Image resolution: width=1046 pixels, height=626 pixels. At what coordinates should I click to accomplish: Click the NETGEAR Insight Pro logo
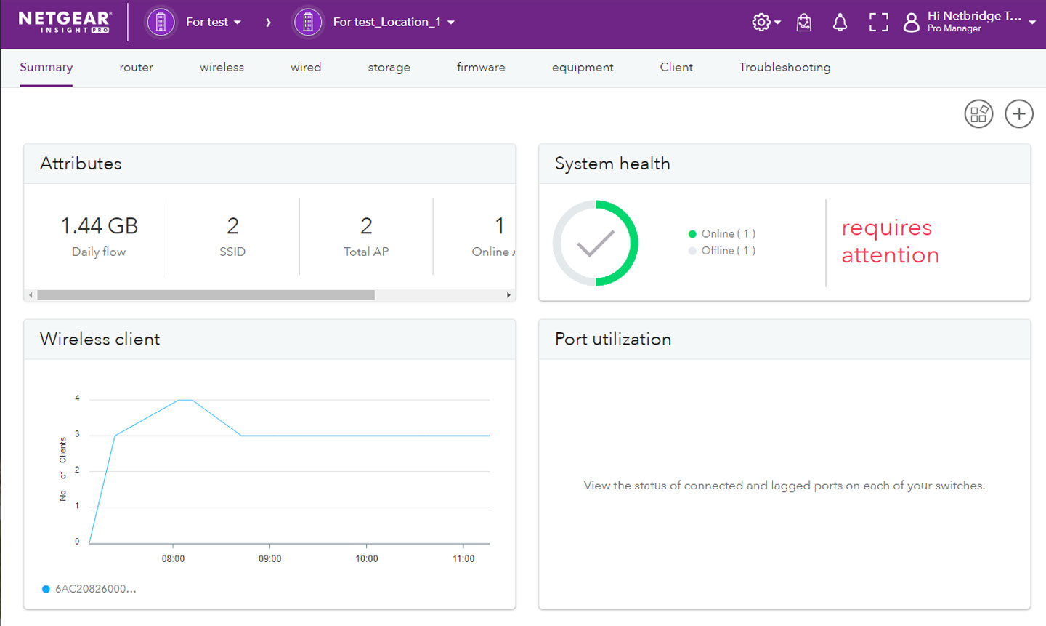click(x=65, y=22)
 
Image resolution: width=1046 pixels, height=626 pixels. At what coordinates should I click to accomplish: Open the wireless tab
click(x=222, y=67)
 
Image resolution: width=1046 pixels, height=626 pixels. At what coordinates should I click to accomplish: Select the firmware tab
click(x=481, y=67)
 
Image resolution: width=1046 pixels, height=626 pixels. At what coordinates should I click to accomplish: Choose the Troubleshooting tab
click(x=784, y=67)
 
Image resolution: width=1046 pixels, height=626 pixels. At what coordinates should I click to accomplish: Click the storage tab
click(x=389, y=67)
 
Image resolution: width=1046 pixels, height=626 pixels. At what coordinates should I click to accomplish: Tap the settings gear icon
click(x=761, y=23)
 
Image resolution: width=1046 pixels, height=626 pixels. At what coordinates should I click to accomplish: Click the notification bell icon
click(x=840, y=23)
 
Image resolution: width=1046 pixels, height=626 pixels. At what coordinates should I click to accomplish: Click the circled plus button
click(x=1018, y=114)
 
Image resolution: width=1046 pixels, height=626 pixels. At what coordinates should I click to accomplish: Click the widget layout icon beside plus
click(x=978, y=114)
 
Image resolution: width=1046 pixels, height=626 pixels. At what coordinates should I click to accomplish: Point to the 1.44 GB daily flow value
click(x=100, y=226)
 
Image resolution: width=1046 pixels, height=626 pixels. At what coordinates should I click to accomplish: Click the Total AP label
click(x=366, y=252)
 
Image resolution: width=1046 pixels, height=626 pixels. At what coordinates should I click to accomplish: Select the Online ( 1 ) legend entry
click(x=722, y=234)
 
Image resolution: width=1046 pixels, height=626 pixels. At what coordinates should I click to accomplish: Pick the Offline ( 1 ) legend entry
click(x=722, y=251)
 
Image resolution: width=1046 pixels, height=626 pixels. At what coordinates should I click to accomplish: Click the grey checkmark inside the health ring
click(x=596, y=244)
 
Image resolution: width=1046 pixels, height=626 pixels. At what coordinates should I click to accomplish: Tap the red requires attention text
click(x=890, y=241)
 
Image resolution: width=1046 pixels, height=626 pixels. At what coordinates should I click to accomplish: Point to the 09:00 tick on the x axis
click(x=269, y=558)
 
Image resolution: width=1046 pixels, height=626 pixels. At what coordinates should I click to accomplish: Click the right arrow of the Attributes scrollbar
click(x=508, y=295)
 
